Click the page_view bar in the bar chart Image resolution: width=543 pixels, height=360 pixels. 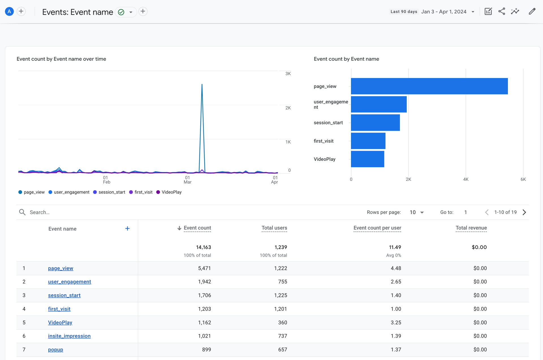[429, 86]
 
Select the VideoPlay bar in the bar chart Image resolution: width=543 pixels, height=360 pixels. [367, 159]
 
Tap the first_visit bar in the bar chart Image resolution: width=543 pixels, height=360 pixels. [368, 141]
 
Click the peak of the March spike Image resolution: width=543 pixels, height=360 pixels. [202, 84]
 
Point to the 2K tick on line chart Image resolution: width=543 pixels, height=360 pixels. [288, 108]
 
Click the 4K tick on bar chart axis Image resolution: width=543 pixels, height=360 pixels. [466, 179]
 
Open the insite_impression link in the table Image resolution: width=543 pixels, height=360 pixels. [69, 336]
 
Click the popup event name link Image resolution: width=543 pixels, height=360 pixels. [55, 350]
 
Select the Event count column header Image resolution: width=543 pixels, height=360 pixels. [197, 228]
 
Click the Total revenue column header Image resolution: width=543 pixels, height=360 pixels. [471, 228]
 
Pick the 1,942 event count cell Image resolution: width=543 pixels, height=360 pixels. [204, 282]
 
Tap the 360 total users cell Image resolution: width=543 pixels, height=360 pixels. [282, 322]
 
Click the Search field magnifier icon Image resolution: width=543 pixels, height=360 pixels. [22, 212]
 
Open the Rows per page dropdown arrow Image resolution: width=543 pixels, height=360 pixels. [422, 212]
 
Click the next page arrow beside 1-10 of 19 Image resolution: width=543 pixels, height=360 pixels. [524, 212]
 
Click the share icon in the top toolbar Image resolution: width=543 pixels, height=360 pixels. [501, 12]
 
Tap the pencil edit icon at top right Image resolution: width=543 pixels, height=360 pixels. [532, 12]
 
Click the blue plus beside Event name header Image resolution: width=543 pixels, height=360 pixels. [127, 228]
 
